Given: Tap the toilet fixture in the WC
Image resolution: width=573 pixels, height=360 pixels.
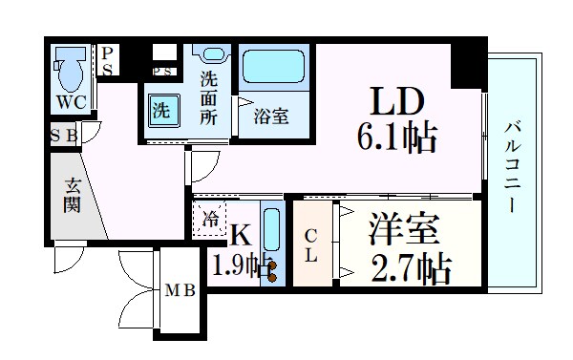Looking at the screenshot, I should click(x=68, y=66).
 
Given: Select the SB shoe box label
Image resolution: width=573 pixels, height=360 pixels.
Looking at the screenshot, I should click(x=64, y=136).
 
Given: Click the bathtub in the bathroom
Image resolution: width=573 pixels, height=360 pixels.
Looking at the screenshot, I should click(x=274, y=68).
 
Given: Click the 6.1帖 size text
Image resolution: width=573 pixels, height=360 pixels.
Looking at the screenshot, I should click(x=397, y=139).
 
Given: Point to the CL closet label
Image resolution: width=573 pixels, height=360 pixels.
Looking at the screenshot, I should click(x=311, y=246).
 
